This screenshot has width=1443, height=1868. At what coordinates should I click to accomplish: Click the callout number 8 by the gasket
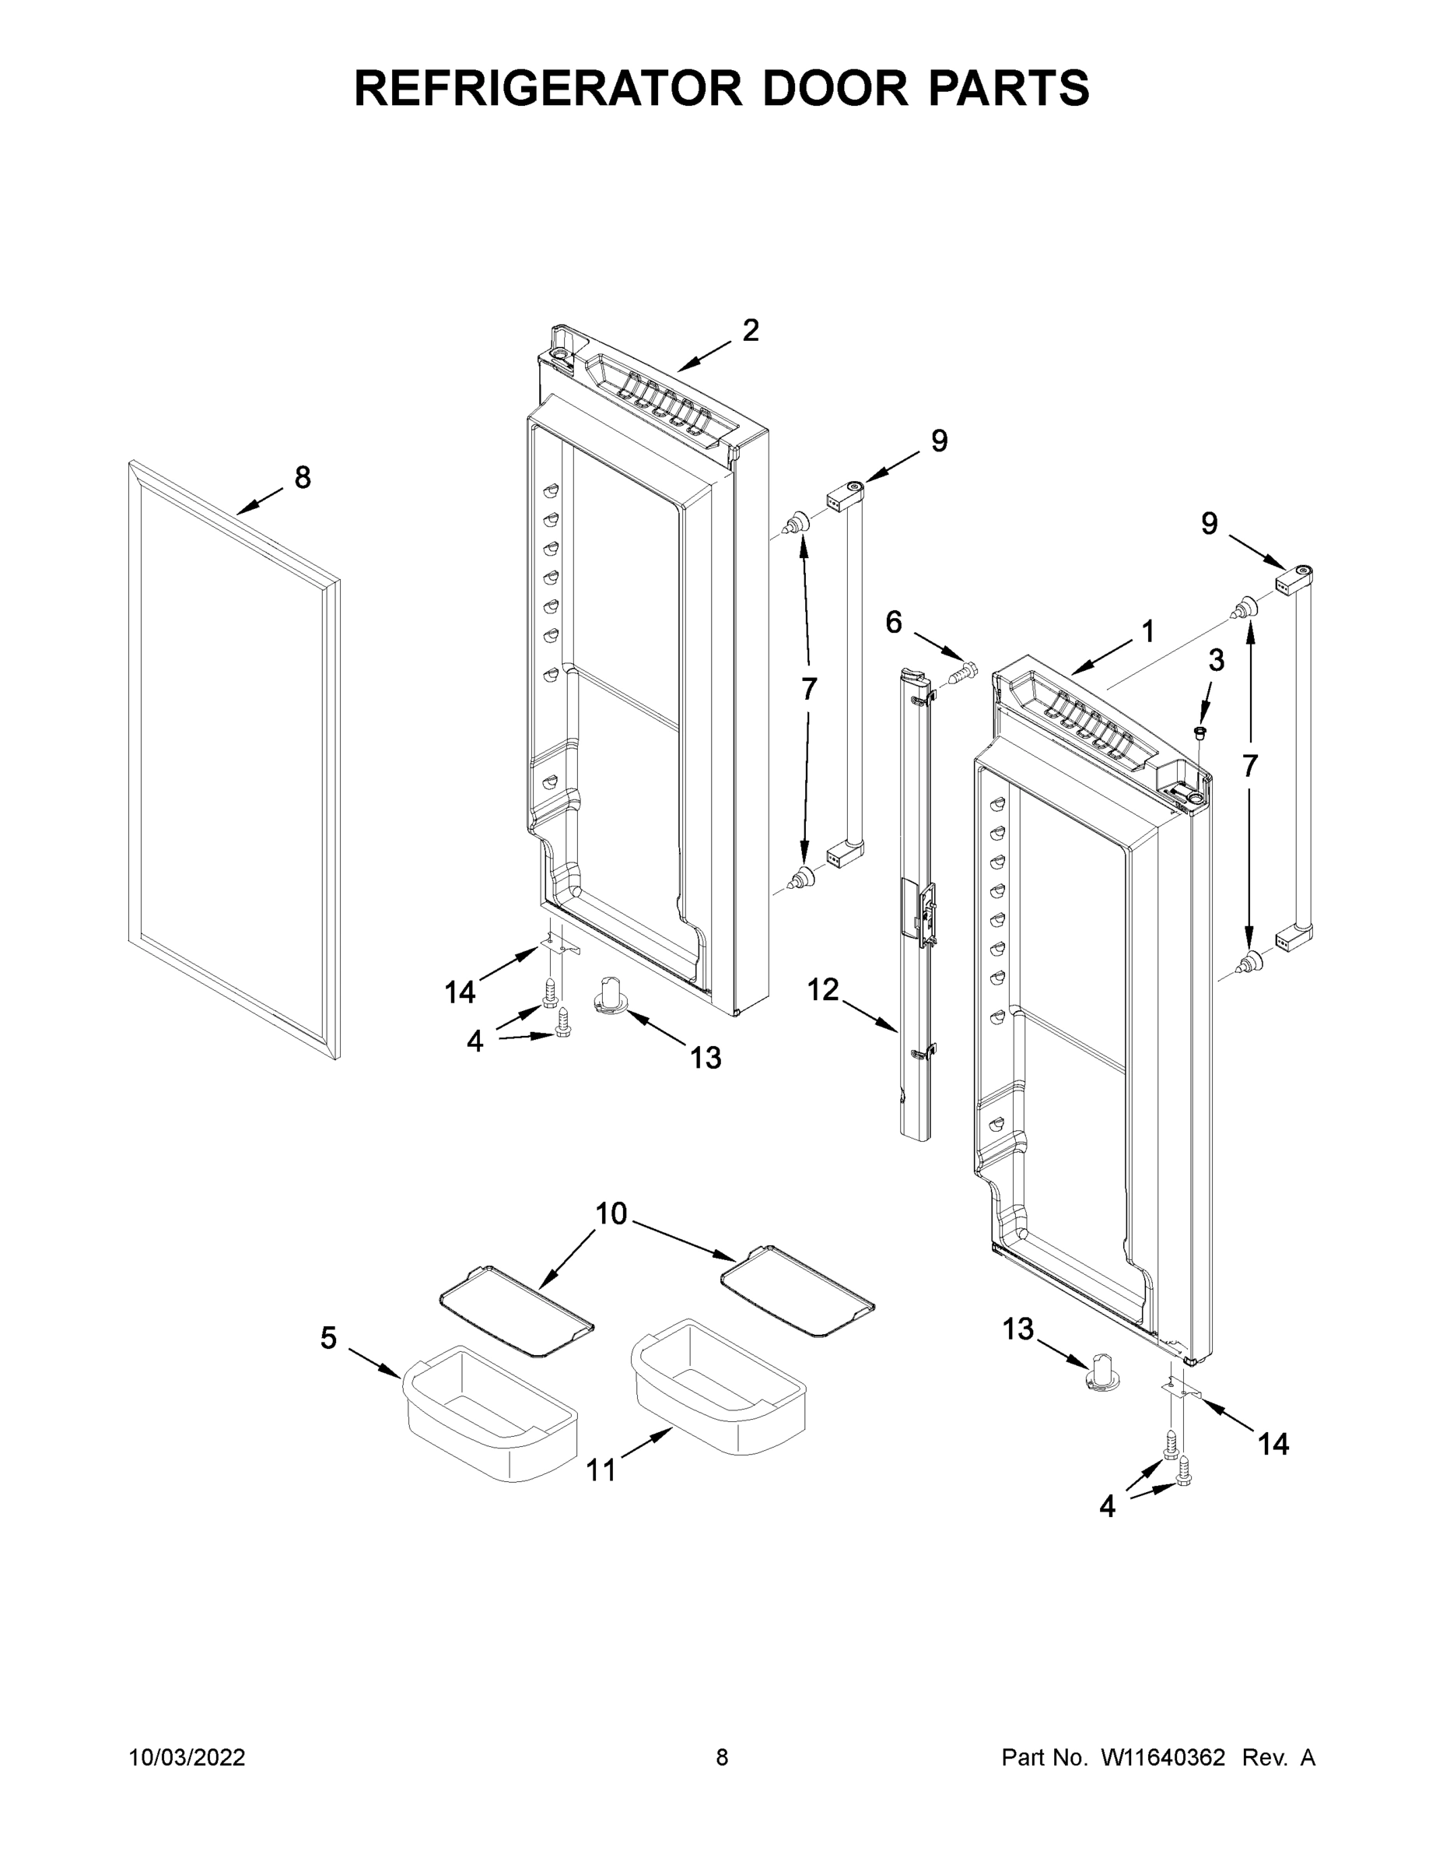tap(303, 477)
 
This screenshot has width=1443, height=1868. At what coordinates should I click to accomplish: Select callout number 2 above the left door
tap(751, 330)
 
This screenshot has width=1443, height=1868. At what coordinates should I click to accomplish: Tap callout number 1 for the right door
tap(1148, 632)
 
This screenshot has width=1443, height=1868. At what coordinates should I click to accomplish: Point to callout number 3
tap(1216, 659)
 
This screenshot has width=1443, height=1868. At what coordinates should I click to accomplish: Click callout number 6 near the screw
tap(893, 622)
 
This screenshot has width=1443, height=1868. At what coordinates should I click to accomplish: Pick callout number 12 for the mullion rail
tap(823, 989)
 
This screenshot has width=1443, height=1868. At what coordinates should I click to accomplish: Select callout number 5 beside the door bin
tap(329, 1338)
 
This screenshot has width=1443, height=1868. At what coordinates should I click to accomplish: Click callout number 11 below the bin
tap(601, 1470)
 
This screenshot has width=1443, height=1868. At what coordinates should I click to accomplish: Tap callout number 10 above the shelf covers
tap(611, 1213)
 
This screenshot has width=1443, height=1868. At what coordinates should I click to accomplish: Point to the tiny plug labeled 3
tap(1200, 732)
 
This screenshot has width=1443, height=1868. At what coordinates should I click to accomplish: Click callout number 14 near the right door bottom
tap(1273, 1444)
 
